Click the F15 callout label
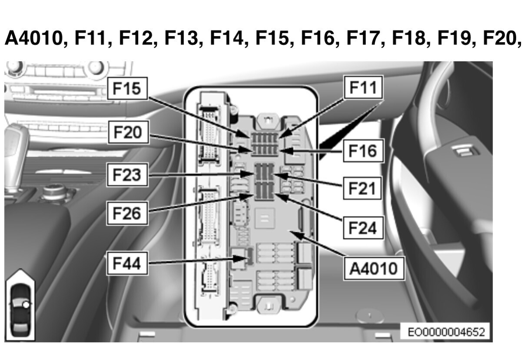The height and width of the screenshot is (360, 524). click(x=127, y=89)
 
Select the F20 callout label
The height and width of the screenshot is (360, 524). click(x=128, y=132)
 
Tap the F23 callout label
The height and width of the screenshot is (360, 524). click(x=127, y=175)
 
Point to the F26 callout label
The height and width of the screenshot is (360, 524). click(x=127, y=213)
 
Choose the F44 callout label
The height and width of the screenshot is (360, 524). click(x=127, y=263)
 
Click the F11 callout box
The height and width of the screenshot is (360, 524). click(x=363, y=87)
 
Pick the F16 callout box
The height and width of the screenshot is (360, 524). click(x=363, y=151)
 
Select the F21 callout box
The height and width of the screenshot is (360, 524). click(x=362, y=188)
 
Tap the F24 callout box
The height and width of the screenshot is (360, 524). click(x=363, y=228)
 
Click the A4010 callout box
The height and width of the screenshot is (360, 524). click(x=374, y=269)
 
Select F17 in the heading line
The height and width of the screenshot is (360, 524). click(x=364, y=38)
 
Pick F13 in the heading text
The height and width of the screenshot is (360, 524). click(x=182, y=38)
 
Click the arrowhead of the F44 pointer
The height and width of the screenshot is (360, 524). click(x=242, y=259)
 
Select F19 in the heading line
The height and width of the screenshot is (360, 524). click(x=454, y=38)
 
